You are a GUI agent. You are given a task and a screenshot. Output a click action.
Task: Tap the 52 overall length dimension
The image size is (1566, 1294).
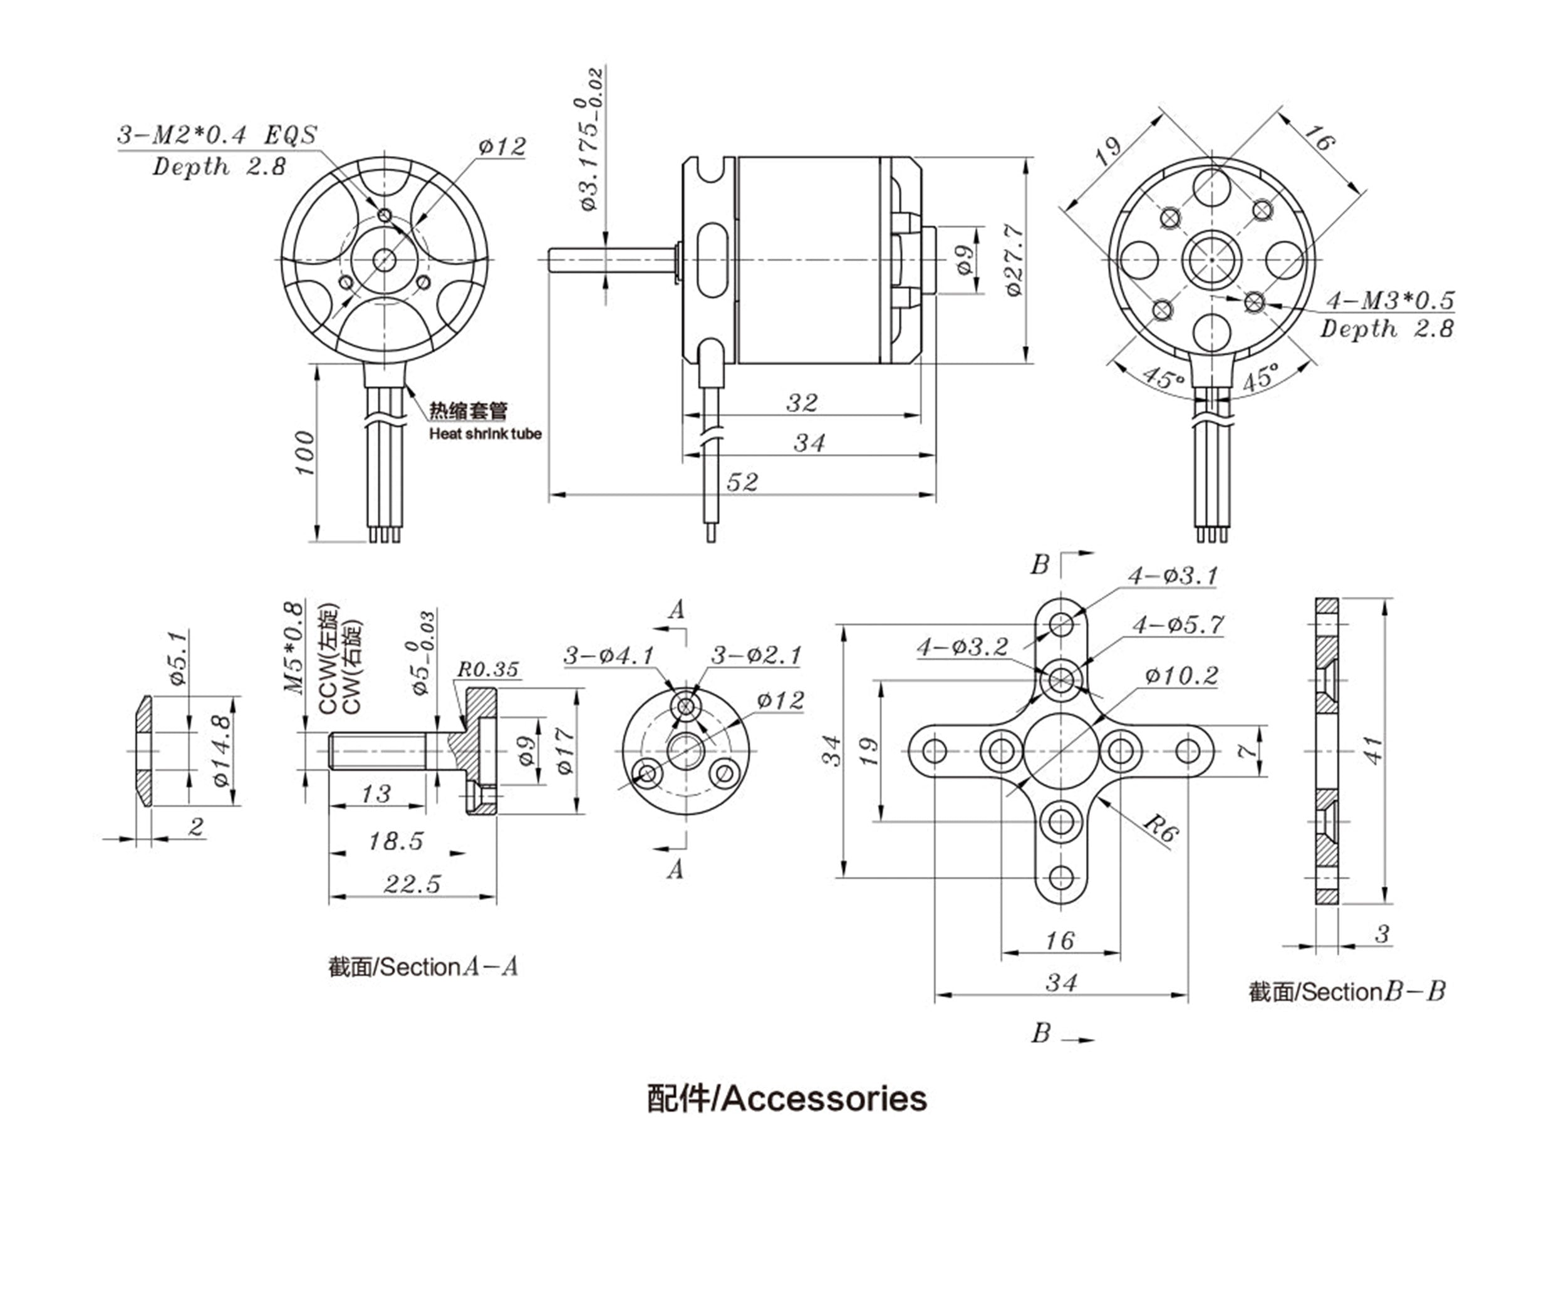[x=742, y=482]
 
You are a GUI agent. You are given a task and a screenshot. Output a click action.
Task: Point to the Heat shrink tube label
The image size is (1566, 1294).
[x=484, y=434]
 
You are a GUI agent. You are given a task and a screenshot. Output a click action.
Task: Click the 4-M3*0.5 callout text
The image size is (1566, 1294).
[x=1389, y=301]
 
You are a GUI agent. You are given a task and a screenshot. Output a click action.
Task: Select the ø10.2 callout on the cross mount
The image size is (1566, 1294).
[x=1181, y=676]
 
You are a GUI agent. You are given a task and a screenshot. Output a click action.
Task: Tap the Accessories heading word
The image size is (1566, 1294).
[x=824, y=1099]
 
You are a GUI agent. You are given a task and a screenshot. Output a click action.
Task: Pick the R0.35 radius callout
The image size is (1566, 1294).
[x=487, y=670]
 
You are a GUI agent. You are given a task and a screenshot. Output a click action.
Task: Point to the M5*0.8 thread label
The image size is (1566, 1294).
[x=294, y=647]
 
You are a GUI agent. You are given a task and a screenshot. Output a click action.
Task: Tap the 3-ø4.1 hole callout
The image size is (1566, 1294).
[x=608, y=656]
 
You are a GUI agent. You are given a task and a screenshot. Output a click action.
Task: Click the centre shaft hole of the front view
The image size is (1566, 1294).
[x=385, y=259]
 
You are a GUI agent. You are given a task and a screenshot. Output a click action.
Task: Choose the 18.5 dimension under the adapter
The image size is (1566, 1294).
[x=396, y=842]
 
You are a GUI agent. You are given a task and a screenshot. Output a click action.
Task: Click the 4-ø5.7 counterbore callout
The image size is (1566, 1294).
[x=1178, y=624]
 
